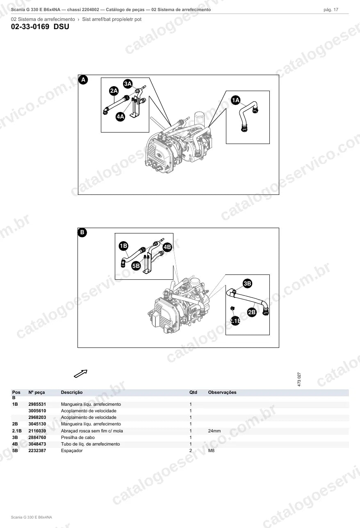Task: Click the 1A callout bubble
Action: [236, 101]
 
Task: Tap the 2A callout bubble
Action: [114, 91]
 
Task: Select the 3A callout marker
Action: [128, 84]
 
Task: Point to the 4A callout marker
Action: [121, 117]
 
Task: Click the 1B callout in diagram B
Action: [123, 246]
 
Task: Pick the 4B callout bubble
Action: [167, 247]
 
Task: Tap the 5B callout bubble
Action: [136, 266]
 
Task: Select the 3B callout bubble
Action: [247, 283]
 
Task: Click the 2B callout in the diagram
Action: [252, 312]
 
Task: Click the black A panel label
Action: [83, 80]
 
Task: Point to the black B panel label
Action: [82, 233]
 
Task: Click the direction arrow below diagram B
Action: [81, 373]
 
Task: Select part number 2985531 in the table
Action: [37, 404]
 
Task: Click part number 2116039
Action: [37, 431]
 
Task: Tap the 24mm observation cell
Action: [214, 431]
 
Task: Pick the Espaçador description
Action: [72, 451]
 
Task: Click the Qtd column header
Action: [193, 392]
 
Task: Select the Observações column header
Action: [222, 392]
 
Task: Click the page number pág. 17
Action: [331, 10]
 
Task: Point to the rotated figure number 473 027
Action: [299, 379]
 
